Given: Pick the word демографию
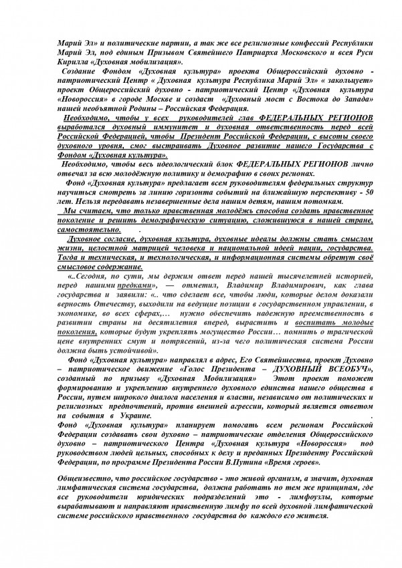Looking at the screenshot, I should pyautogui.click(x=239, y=171).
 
